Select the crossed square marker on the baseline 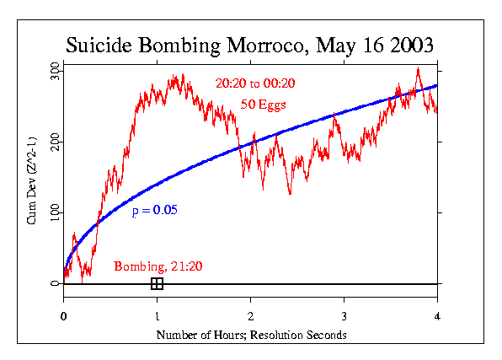tap(157, 283)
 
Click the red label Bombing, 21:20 tap(158, 267)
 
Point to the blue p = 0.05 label tap(154, 208)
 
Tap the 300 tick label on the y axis tap(55, 67)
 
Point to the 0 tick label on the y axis tap(55, 283)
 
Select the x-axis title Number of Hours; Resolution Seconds tap(251, 336)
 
